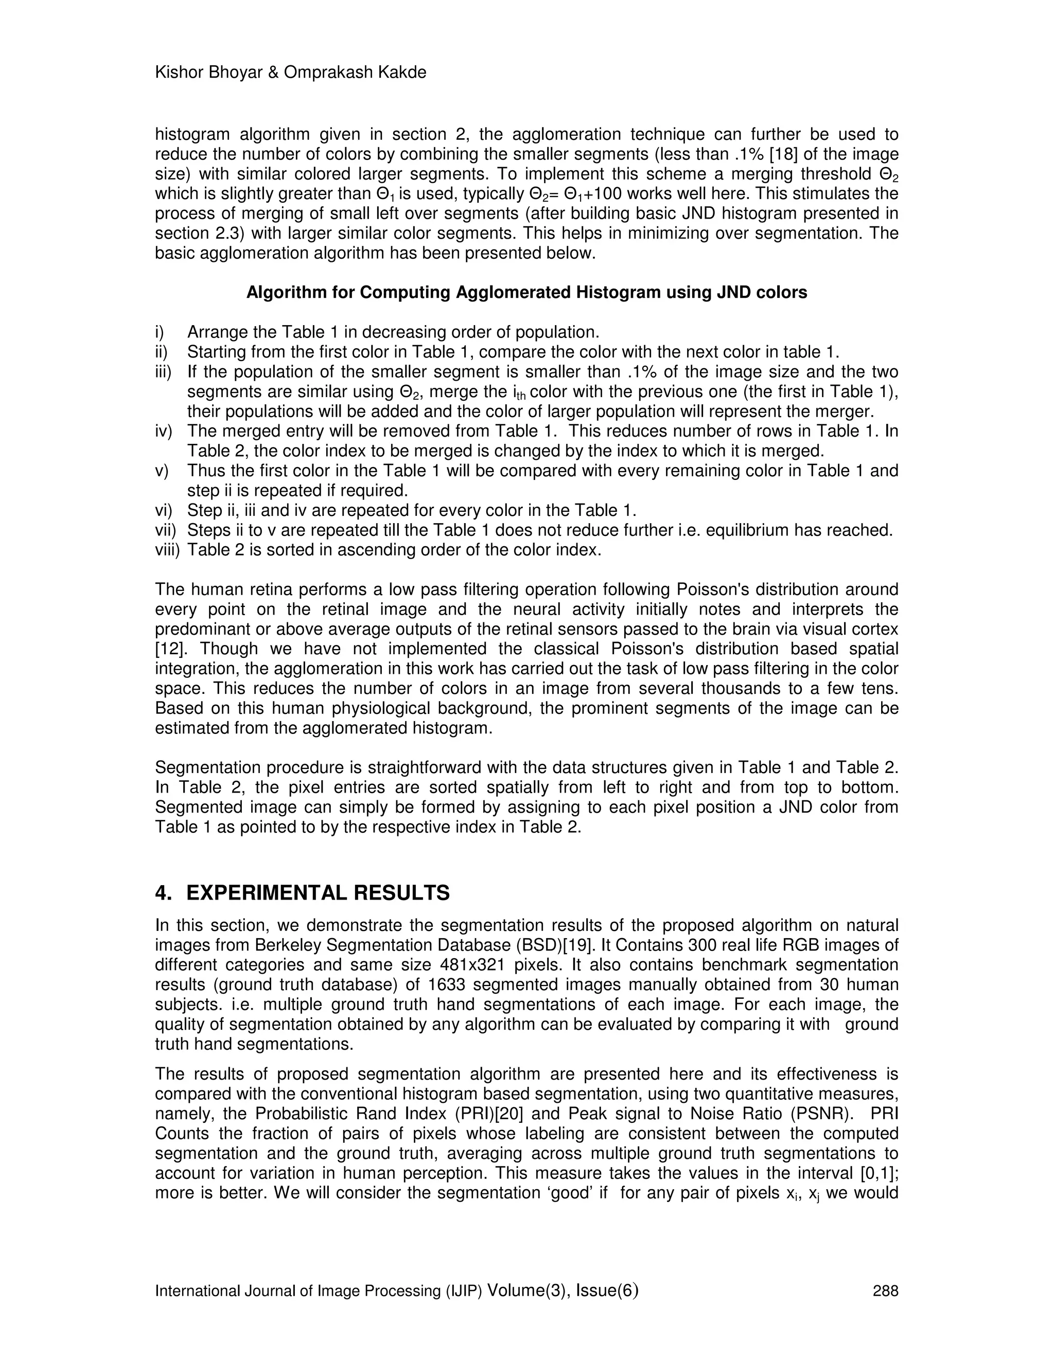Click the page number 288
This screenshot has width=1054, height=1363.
pos(885,1290)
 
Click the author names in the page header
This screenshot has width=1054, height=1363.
pos(290,73)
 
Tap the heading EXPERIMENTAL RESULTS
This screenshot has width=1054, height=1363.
pos(318,893)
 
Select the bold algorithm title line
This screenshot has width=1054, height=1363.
pos(526,293)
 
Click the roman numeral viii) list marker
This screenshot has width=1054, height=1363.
pos(167,550)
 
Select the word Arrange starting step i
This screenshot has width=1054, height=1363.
pos(216,332)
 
